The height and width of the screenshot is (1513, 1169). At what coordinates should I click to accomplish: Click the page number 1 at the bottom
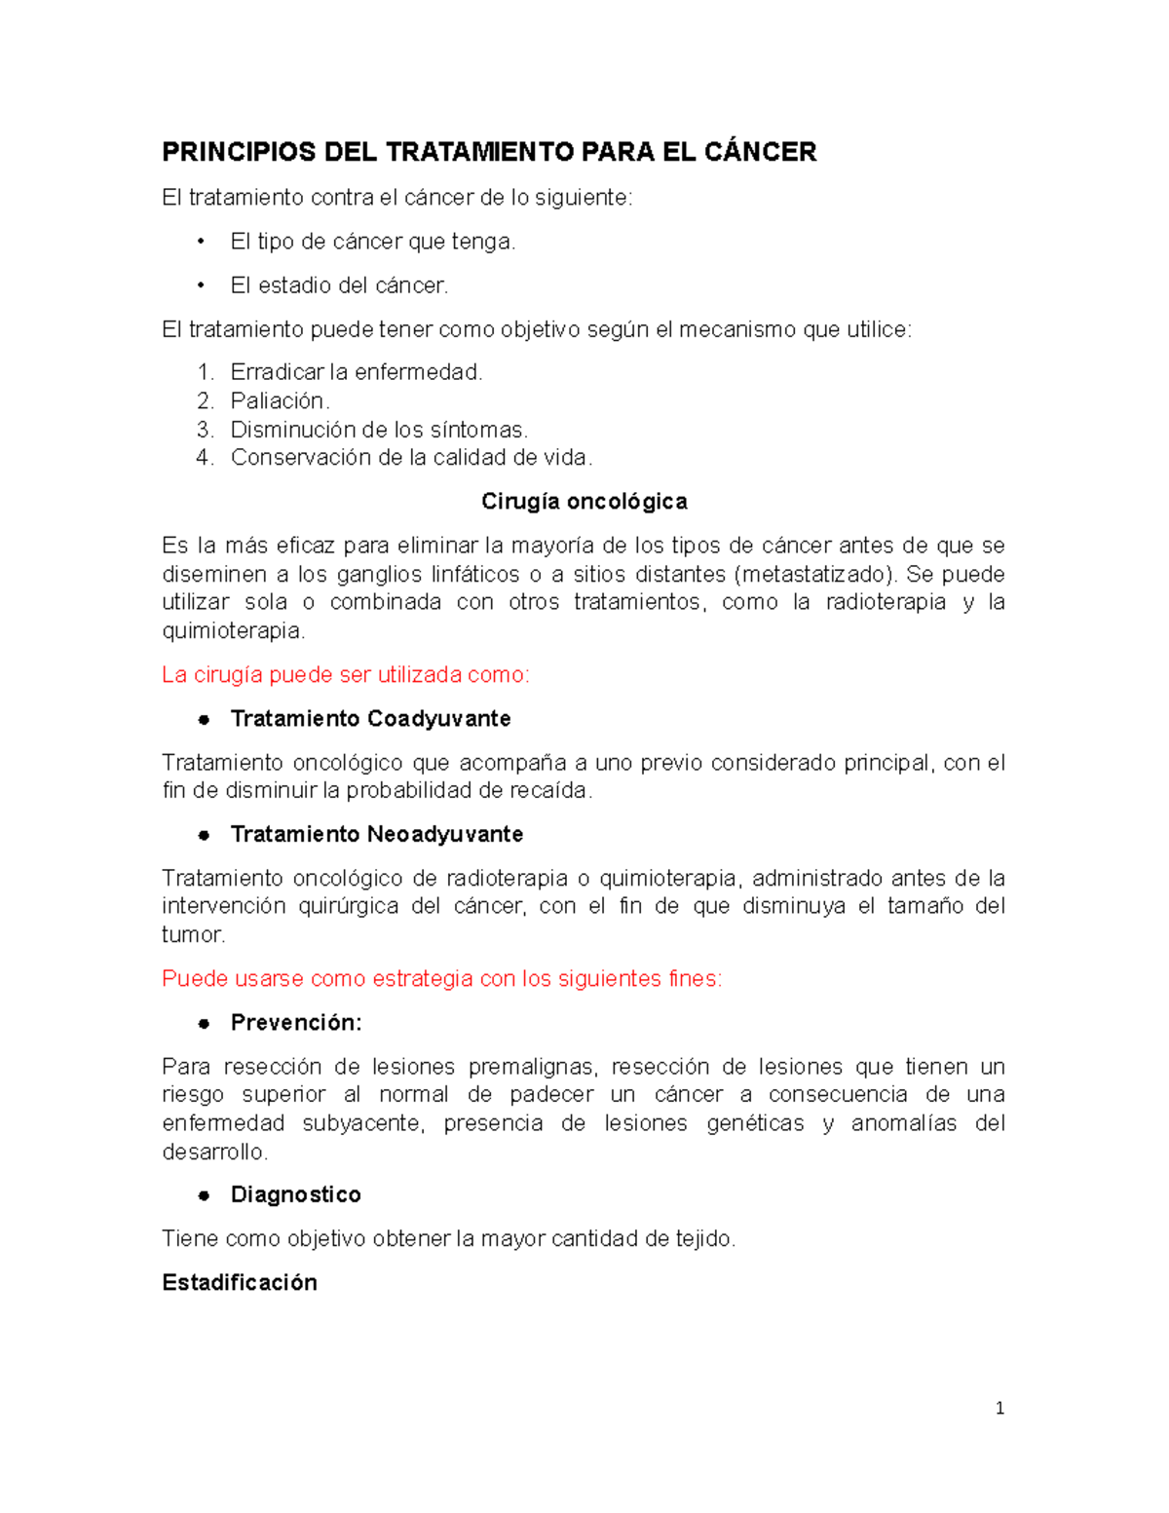click(x=999, y=1408)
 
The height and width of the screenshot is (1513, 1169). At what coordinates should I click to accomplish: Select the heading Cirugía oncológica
click(x=584, y=502)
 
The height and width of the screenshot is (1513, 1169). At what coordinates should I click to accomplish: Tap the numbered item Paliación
click(x=280, y=400)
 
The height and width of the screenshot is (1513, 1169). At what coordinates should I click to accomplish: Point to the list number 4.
click(x=204, y=458)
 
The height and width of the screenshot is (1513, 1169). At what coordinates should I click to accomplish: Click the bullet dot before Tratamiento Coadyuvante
click(x=204, y=719)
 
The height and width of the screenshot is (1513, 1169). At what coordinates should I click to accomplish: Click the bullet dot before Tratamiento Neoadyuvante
click(x=204, y=835)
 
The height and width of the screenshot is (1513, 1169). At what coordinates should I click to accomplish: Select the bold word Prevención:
click(x=296, y=1023)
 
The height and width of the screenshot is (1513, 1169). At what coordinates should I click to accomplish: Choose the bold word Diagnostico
click(x=296, y=1195)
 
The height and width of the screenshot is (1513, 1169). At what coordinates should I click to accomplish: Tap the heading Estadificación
click(x=240, y=1283)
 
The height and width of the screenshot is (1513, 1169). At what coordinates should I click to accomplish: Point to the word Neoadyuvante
click(x=445, y=835)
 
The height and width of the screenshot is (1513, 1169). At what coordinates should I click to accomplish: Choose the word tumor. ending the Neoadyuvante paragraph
click(x=193, y=935)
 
